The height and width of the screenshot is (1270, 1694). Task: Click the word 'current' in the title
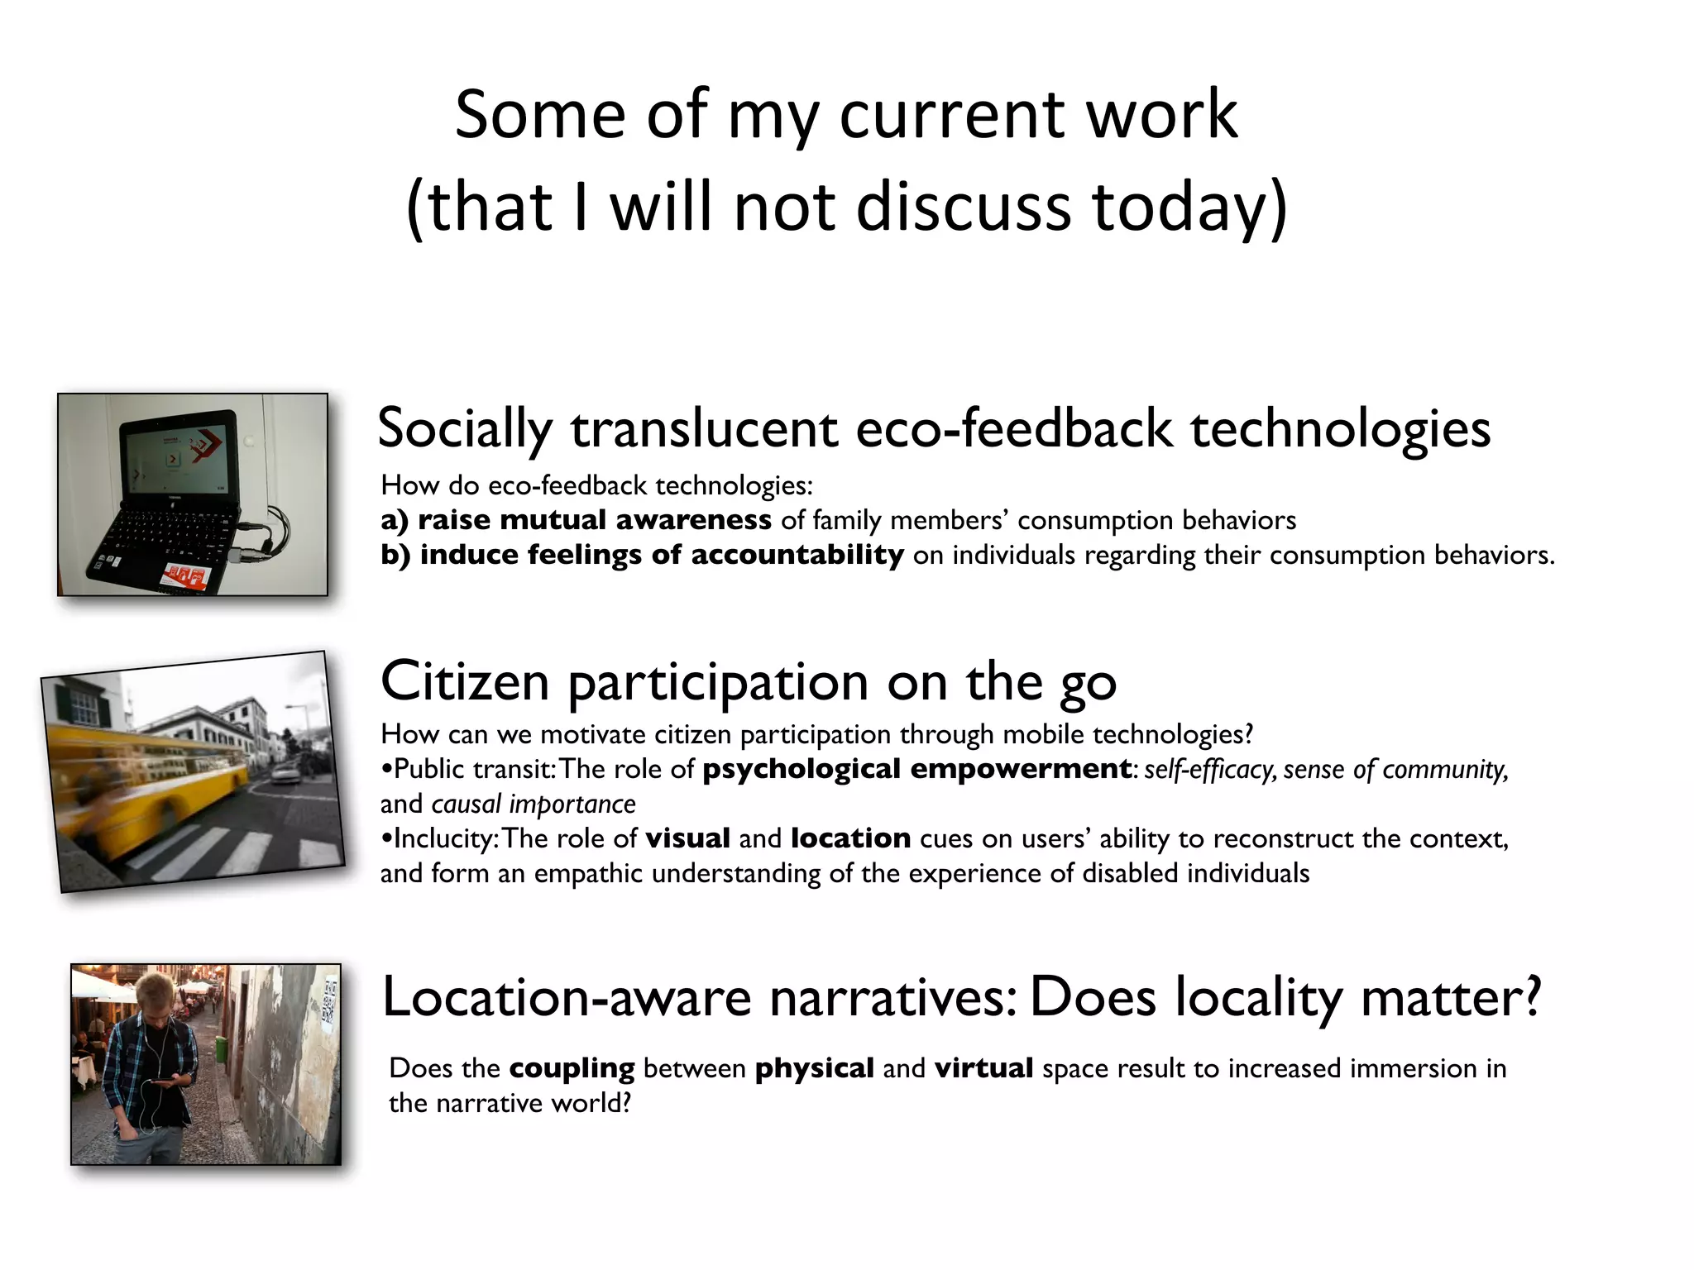(951, 115)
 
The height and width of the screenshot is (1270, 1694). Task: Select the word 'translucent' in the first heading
(703, 429)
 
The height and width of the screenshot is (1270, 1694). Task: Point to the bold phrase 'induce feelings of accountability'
(661, 555)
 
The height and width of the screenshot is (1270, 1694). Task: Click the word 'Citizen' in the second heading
(465, 682)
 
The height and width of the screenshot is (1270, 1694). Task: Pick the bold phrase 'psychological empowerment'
(916, 769)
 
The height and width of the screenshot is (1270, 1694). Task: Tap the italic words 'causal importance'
(534, 804)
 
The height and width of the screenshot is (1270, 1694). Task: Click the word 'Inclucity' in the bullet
(443, 838)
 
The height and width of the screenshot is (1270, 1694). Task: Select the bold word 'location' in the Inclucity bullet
(850, 838)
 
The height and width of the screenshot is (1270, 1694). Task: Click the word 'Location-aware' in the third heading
(567, 997)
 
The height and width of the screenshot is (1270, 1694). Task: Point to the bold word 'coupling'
(572, 1068)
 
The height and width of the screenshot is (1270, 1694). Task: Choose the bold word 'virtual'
(983, 1068)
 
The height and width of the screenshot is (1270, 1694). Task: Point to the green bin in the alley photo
(221, 1049)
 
